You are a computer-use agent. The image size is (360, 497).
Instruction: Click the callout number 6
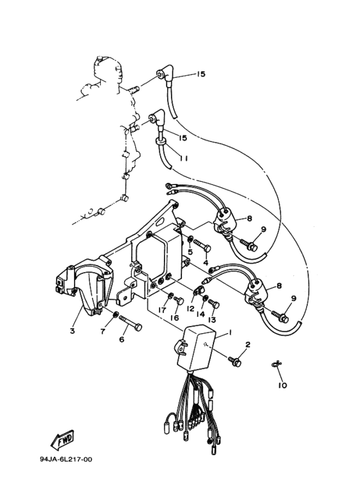122,340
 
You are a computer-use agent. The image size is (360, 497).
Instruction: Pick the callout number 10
282,386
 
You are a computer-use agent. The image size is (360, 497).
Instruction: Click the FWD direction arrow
63,442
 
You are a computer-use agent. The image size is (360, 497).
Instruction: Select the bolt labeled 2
236,362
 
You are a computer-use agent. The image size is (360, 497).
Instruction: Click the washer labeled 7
114,315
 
